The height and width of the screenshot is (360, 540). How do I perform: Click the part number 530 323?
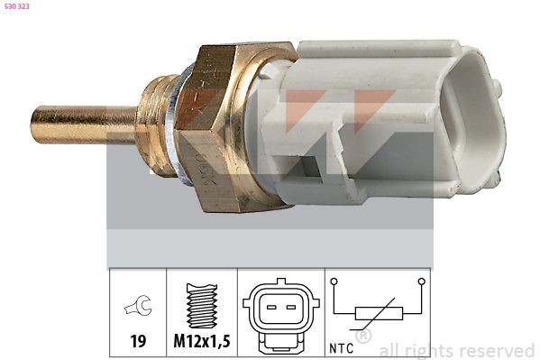pos(19,8)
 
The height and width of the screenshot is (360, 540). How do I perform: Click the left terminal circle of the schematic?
pos(335,282)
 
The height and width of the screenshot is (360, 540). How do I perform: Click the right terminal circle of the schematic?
pos(421,282)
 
